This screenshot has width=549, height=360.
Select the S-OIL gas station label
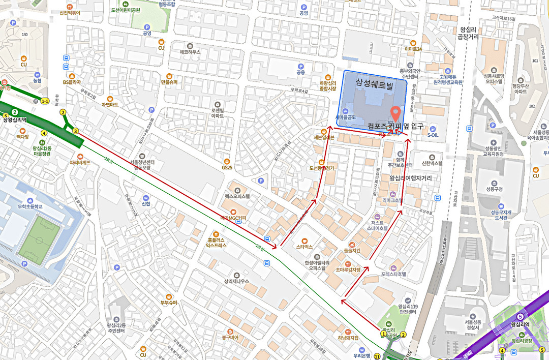point(433,135)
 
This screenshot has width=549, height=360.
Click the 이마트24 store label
point(413,49)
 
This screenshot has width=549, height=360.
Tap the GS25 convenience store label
point(227,167)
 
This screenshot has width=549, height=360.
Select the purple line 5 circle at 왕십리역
point(520,317)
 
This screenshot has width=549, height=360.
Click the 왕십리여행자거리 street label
point(410,178)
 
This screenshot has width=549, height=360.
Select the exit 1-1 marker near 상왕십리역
point(45,101)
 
